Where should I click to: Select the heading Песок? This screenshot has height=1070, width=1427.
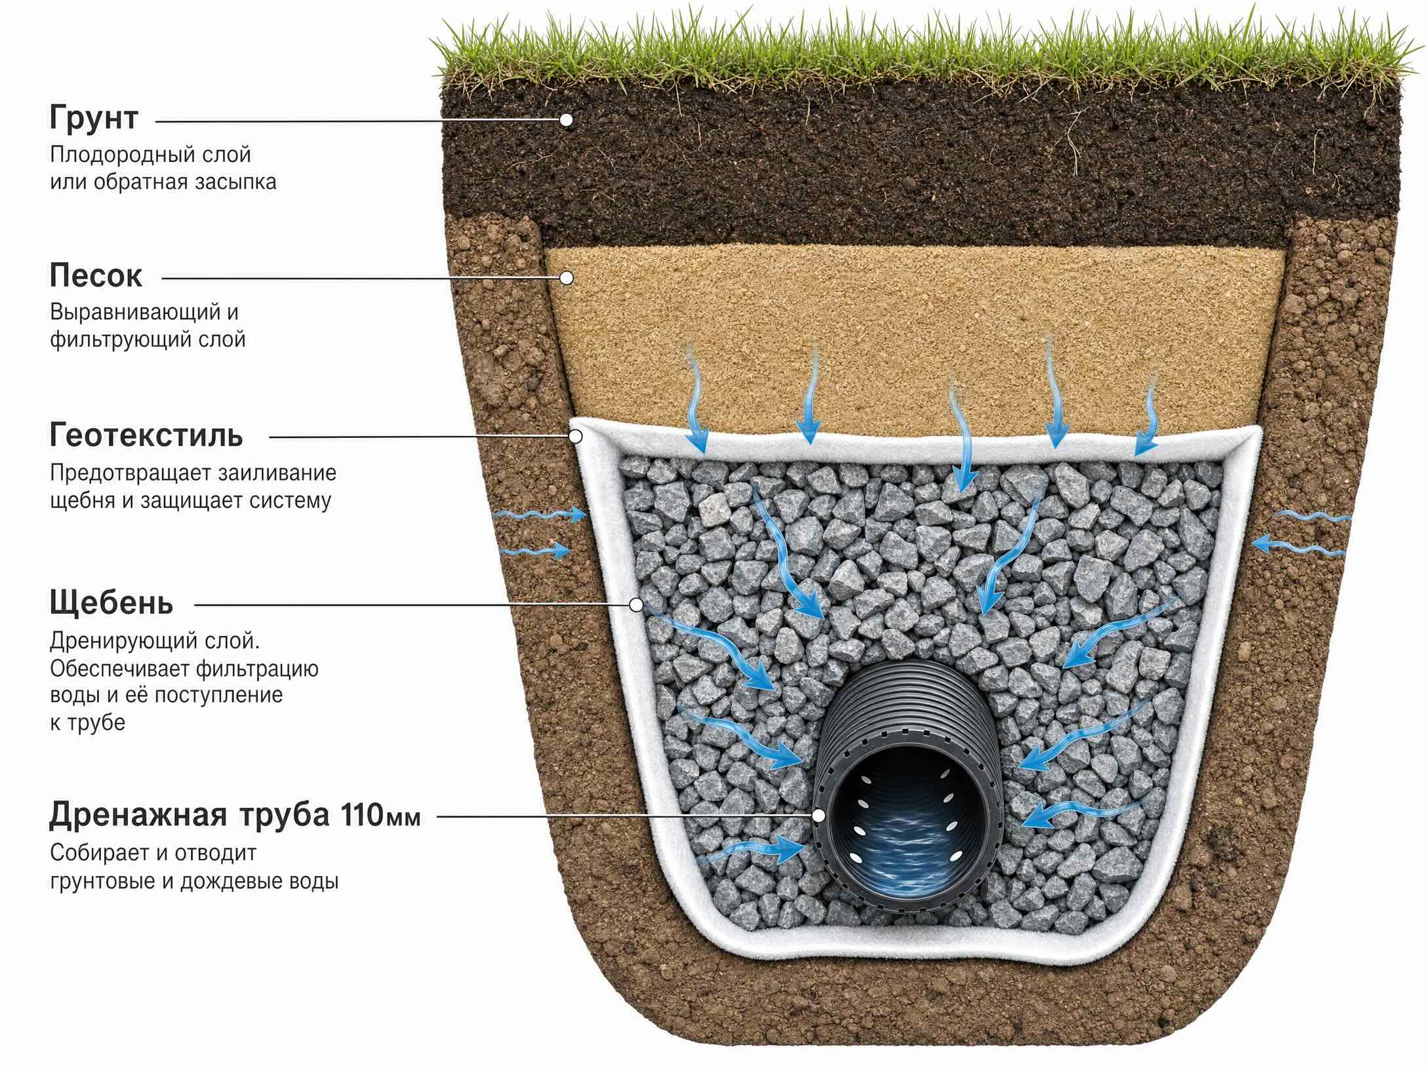coord(96,276)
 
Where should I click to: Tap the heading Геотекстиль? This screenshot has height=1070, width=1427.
coord(146,435)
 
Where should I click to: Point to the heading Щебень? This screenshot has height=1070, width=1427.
coord(111,603)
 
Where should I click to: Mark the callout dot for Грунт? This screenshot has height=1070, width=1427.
coord(566,120)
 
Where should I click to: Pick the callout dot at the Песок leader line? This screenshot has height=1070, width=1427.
coord(567,279)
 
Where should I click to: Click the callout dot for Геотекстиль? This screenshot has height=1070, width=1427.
coord(576,436)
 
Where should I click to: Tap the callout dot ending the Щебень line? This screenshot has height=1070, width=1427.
coord(635,604)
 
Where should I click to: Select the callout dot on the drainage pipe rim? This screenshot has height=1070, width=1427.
coord(818,816)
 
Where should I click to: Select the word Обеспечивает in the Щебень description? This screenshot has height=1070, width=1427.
coord(120,669)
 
